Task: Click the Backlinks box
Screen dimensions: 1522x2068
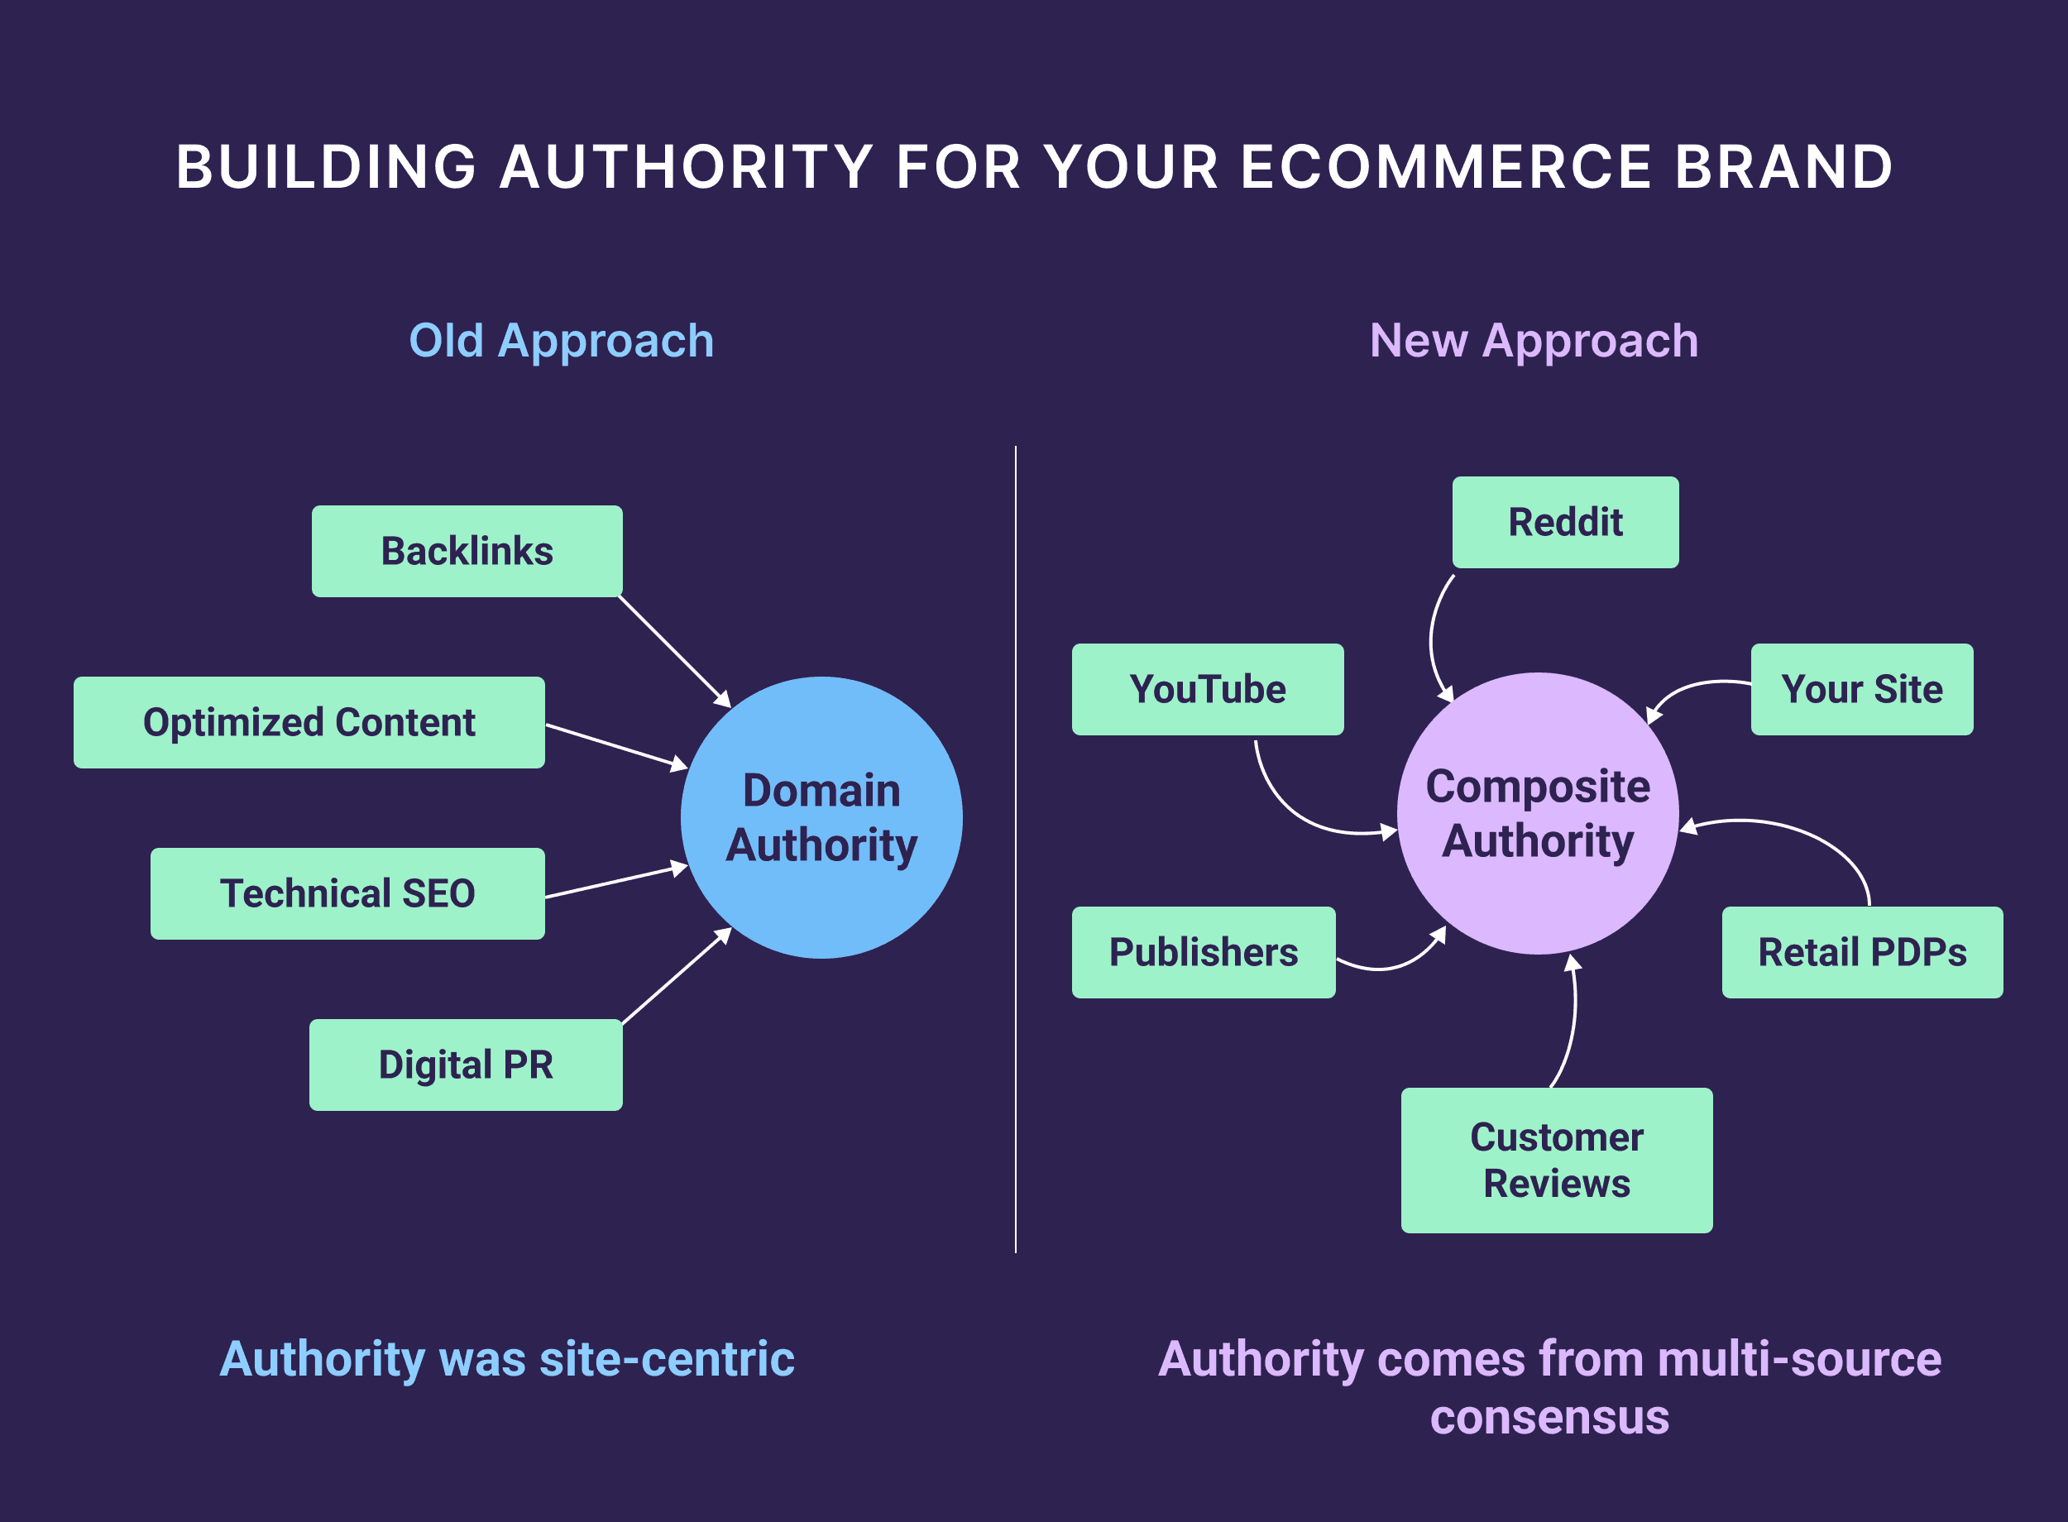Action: pyautogui.click(x=467, y=551)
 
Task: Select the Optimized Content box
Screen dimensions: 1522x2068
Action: pyautogui.click(x=309, y=722)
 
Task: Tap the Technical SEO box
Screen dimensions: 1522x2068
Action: pyautogui.click(x=347, y=893)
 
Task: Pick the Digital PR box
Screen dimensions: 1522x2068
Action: pyautogui.click(x=465, y=1065)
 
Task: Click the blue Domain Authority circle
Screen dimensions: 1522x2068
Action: pyautogui.click(x=821, y=818)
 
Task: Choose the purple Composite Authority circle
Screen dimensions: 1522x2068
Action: pyautogui.click(x=1538, y=813)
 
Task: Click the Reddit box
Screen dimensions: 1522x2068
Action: pyautogui.click(x=1565, y=523)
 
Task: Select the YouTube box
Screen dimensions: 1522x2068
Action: pyautogui.click(x=1207, y=689)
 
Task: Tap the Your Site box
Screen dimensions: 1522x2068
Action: pyautogui.click(x=1862, y=689)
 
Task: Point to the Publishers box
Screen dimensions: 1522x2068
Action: pyautogui.click(x=1203, y=953)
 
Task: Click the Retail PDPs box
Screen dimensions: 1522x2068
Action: pyautogui.click(x=1862, y=953)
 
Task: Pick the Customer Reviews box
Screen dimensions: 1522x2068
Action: pyautogui.click(x=1557, y=1160)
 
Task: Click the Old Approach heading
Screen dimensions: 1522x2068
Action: pyautogui.click(x=561, y=341)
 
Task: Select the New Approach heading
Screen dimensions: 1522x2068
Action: pyautogui.click(x=1534, y=341)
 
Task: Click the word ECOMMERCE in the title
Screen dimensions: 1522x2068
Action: pyautogui.click(x=1446, y=168)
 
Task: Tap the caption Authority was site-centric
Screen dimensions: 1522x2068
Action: pyautogui.click(x=506, y=1359)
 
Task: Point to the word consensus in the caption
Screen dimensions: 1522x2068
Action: pyautogui.click(x=1549, y=1417)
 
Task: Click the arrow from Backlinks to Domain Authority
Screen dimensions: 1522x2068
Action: pyautogui.click(x=673, y=650)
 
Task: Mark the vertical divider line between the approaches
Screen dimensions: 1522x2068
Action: pyautogui.click(x=1016, y=848)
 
